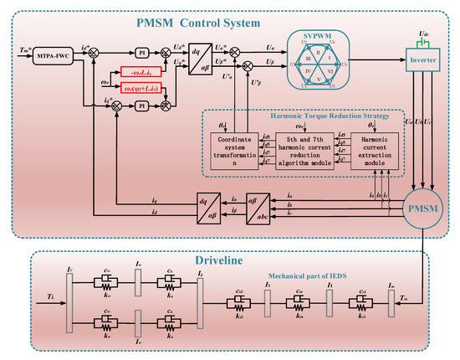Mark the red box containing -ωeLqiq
[142, 71]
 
